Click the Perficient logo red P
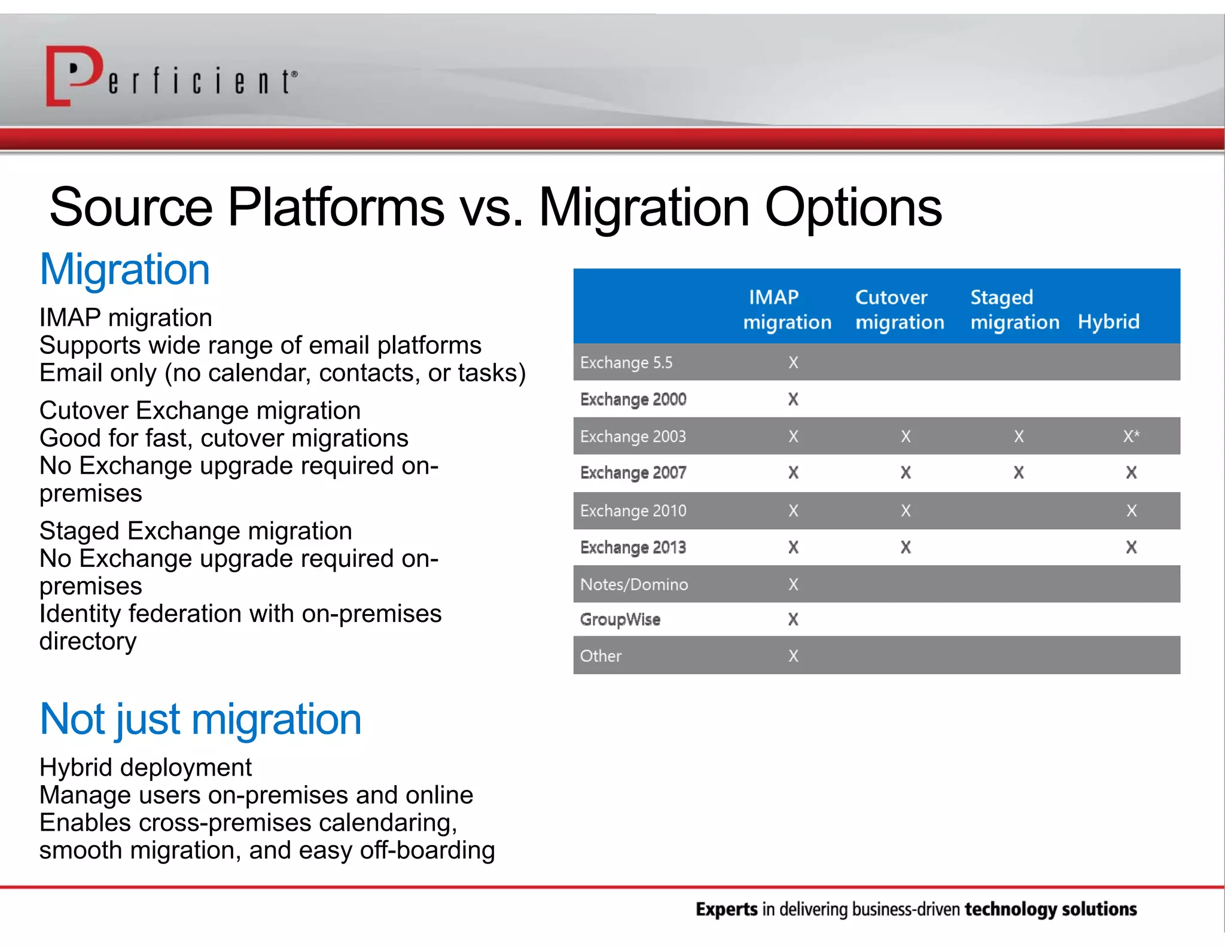tap(75, 75)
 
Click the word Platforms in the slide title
tap(336, 207)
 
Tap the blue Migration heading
tap(124, 270)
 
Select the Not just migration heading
tap(200, 719)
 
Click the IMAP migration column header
tap(787, 309)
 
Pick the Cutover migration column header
tap(899, 309)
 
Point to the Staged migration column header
tap(1014, 309)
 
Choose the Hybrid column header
tap(1108, 322)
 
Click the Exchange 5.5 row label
tap(626, 362)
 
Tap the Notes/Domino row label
tap(633, 584)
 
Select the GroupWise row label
tap(620, 620)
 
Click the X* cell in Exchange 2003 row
tap(1130, 437)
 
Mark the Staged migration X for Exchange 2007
tap(1019, 473)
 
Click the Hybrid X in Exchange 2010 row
tap(1131, 511)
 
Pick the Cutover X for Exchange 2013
tap(906, 547)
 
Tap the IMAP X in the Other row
tap(793, 656)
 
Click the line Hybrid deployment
tap(145, 767)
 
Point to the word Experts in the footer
tap(726, 910)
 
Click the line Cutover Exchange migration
tap(200, 411)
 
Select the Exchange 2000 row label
tap(633, 399)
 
